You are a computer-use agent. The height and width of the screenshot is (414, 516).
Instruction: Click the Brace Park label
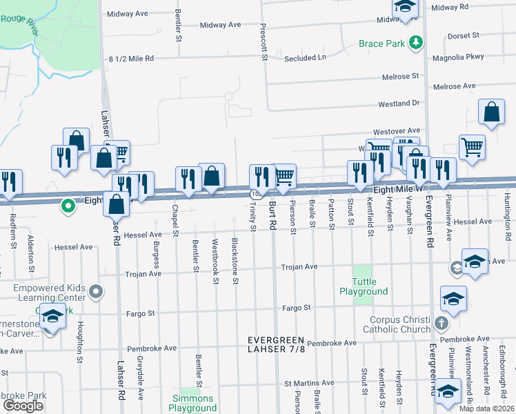(381, 44)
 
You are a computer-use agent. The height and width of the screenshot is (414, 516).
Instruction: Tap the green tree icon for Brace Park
(415, 43)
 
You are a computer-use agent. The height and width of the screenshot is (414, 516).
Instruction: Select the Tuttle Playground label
(364, 286)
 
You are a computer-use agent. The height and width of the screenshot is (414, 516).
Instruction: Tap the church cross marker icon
(441, 323)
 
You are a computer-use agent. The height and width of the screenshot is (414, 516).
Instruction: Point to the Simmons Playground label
(193, 404)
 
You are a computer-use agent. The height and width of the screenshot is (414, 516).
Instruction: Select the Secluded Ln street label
(306, 58)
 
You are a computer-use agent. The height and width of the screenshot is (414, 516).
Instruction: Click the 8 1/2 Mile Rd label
(131, 59)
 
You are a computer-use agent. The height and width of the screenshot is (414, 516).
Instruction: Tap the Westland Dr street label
(399, 103)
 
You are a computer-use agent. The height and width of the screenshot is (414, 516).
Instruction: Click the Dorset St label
(462, 35)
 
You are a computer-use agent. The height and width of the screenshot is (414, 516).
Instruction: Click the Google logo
(23, 406)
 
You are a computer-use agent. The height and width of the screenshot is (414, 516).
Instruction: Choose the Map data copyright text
(486, 408)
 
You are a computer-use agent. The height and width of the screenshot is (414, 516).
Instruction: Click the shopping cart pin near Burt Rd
(284, 177)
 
